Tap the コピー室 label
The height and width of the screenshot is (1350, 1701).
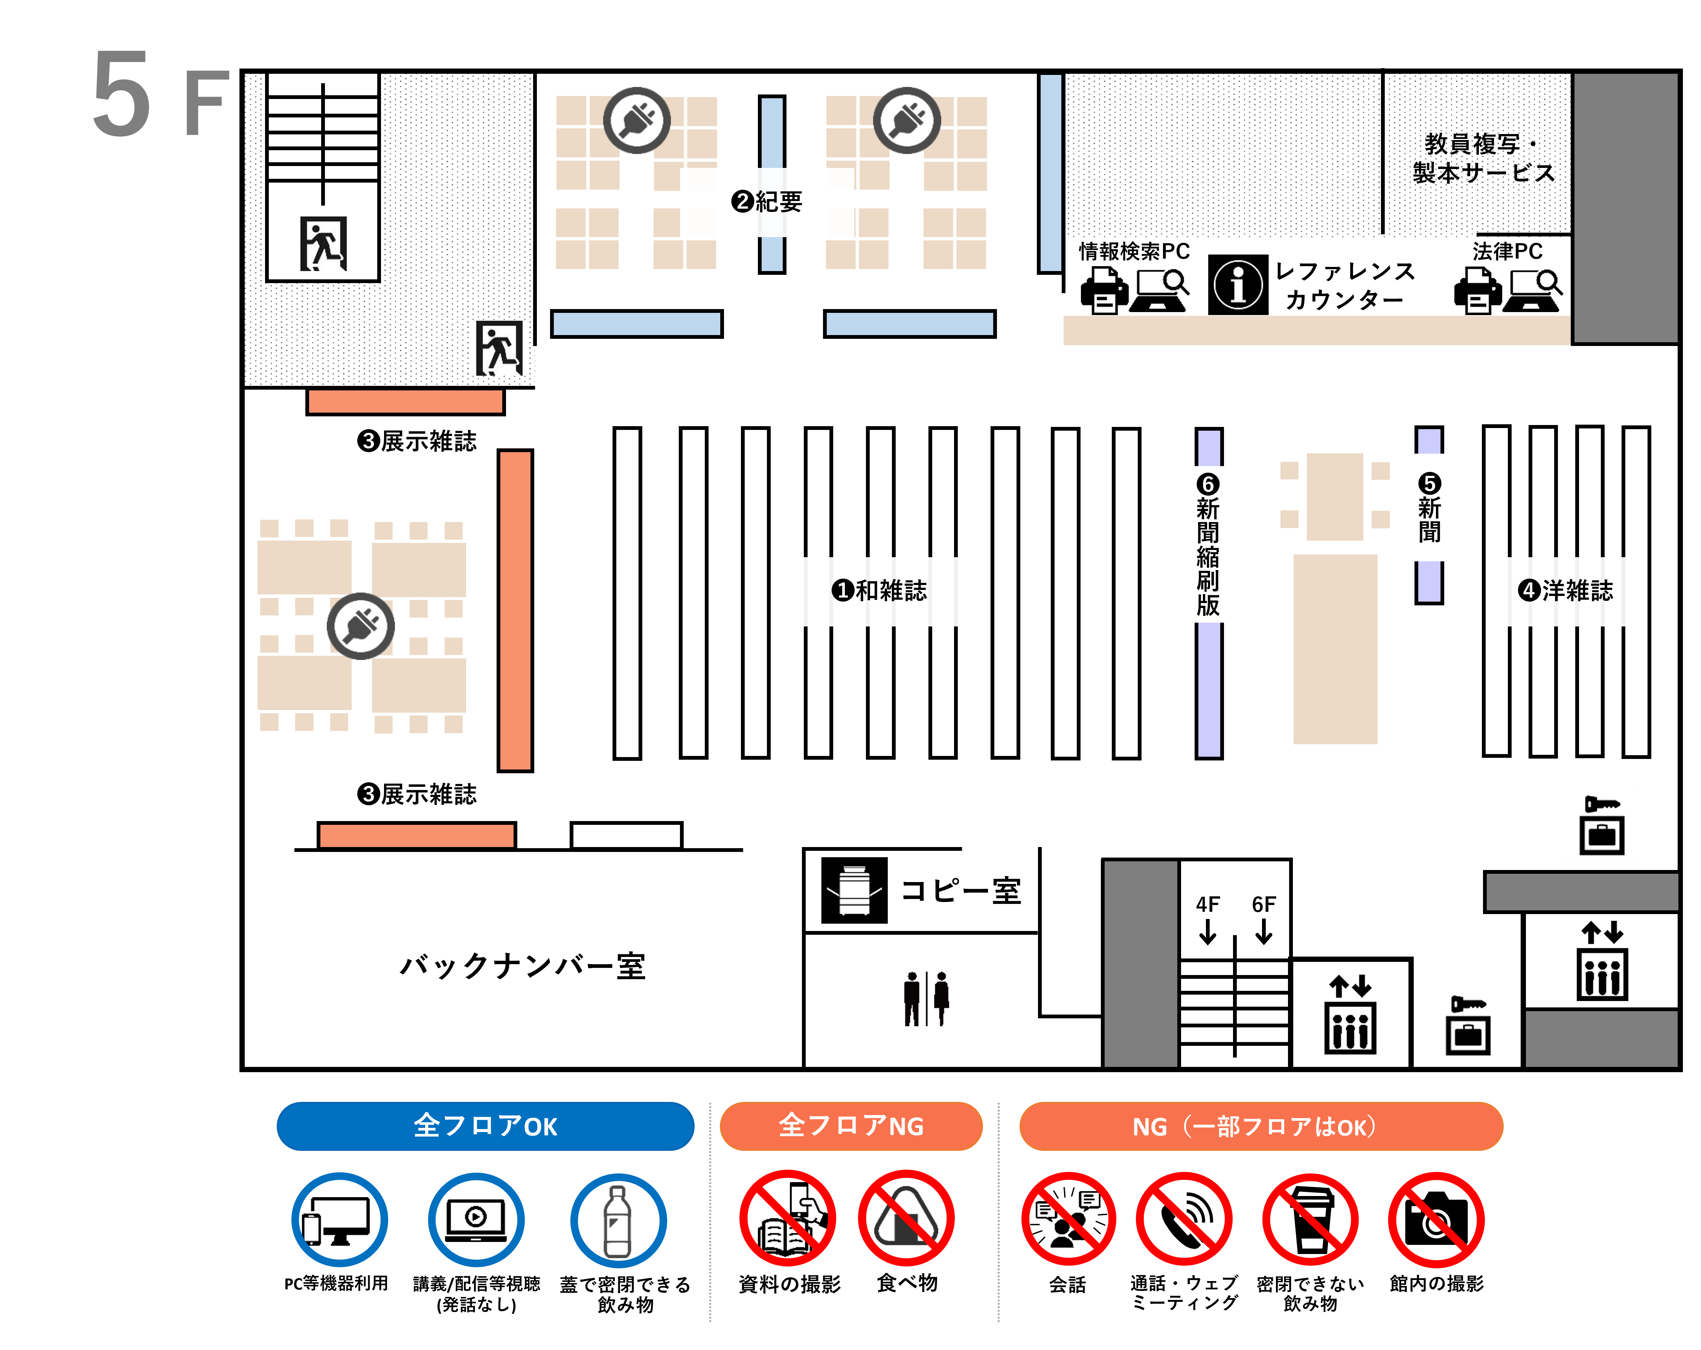pyautogui.click(x=961, y=891)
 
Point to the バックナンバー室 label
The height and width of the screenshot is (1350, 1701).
pyautogui.click(x=522, y=966)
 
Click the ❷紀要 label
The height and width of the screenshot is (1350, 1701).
pyautogui.click(x=767, y=202)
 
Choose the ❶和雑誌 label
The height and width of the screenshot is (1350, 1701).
pyautogui.click(x=880, y=590)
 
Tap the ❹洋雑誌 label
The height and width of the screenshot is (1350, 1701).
pyautogui.click(x=1566, y=590)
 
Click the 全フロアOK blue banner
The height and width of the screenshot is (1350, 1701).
pyautogui.click(x=485, y=1126)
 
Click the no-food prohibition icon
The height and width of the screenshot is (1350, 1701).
pyautogui.click(x=907, y=1219)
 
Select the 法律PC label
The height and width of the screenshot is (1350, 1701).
pyautogui.click(x=1507, y=251)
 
